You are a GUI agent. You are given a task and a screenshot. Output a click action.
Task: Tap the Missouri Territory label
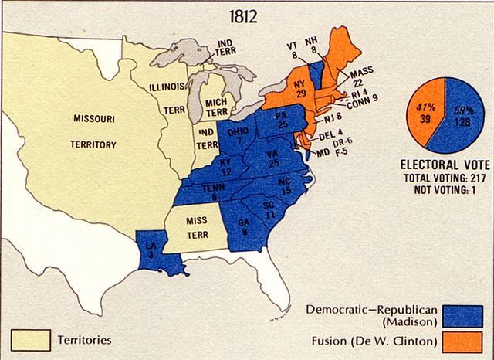(94, 132)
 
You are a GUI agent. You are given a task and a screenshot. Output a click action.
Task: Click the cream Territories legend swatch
(31, 339)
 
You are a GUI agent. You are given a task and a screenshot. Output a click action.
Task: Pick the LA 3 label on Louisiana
(152, 250)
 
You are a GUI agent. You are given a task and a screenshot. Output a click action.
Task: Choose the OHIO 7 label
(238, 136)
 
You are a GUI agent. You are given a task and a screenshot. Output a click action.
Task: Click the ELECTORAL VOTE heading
(442, 165)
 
